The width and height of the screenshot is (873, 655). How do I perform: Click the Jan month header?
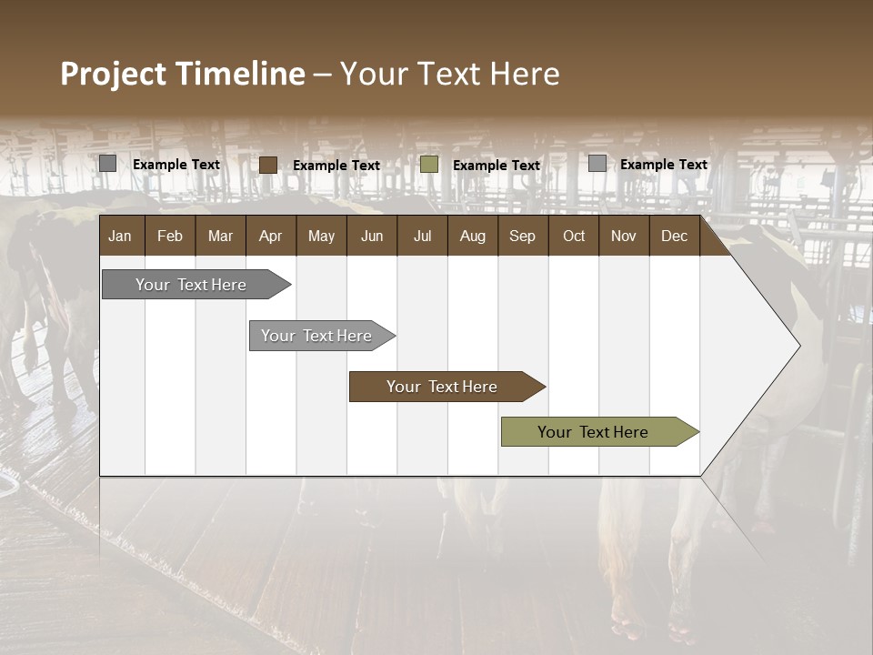[120, 236]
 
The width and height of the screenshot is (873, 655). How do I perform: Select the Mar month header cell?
[220, 236]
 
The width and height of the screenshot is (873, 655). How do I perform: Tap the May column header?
[321, 236]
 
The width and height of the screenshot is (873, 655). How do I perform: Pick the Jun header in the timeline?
[372, 236]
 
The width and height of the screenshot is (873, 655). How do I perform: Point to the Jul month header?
[422, 236]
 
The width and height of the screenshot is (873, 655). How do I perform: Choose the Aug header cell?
[472, 236]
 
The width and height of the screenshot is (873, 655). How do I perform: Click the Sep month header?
[522, 236]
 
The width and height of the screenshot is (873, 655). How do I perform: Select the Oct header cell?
[574, 236]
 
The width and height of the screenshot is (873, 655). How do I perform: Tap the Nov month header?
[624, 236]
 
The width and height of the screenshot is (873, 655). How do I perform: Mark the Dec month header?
[674, 236]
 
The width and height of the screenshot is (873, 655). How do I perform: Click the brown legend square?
[268, 165]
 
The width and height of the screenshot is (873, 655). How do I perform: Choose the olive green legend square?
[429, 165]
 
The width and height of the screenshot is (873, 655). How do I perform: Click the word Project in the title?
[114, 74]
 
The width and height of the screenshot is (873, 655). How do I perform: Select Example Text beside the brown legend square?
[336, 166]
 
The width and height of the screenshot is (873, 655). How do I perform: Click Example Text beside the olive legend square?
[497, 166]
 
